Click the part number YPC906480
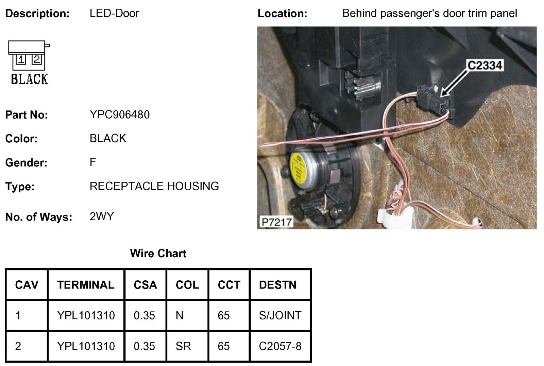pos(119,115)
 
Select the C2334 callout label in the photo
pos(485,65)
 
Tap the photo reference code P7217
pos(276,222)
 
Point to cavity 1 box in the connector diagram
pos(21,60)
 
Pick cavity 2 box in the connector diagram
pos(36,59)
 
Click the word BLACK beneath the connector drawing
pos(29,79)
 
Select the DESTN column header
pos(277,285)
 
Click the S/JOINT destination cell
pos(280,315)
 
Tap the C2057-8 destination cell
pos(280,346)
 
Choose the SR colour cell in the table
pos(183,346)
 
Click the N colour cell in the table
pos(180,315)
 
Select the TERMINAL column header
pos(86,285)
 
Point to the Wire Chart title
pos(158,253)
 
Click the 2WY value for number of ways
pos(102,216)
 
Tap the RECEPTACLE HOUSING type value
pos(154,186)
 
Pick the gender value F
pos(93,162)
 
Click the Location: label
pos(282,14)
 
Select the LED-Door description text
pos(114,13)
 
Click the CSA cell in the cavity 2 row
pos(144,346)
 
